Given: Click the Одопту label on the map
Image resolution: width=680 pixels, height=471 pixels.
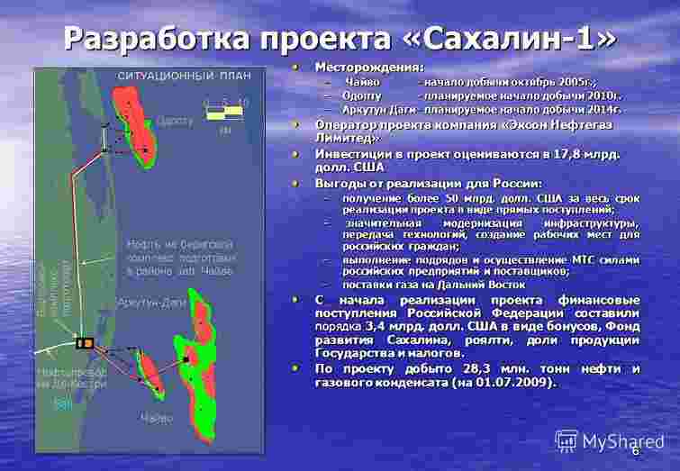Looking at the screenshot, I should (176, 119).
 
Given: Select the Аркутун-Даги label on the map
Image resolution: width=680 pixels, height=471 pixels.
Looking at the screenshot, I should (152, 303).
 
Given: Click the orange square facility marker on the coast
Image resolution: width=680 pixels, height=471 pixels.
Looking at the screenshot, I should (85, 341).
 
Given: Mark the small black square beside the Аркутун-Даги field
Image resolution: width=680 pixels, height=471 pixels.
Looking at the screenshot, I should (184, 359).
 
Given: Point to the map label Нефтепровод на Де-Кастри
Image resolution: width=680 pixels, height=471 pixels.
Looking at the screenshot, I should (72, 377).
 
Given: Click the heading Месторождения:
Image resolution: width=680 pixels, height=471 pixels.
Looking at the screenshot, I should (369, 67).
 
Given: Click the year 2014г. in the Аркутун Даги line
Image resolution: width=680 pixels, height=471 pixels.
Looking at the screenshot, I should (603, 107).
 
